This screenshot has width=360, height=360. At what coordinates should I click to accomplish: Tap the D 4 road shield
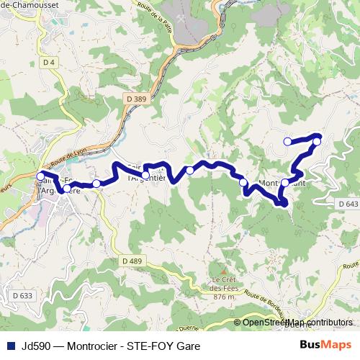click(49, 63)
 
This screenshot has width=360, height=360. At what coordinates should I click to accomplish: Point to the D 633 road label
click(22, 295)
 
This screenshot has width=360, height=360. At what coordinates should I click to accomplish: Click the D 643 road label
click(347, 204)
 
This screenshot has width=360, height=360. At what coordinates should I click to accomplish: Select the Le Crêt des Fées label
click(224, 284)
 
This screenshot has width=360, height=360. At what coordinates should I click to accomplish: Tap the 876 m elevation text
click(224, 297)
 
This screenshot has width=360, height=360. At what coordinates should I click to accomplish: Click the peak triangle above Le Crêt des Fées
click(223, 272)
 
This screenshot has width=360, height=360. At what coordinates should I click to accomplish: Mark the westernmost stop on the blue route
click(40, 176)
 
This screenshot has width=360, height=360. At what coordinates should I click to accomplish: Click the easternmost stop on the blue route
click(317, 142)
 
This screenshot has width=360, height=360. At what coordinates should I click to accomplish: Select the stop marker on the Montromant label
click(285, 183)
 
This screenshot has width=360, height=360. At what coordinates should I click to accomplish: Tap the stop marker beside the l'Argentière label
click(145, 174)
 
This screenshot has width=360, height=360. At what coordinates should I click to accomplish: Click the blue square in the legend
click(9, 345)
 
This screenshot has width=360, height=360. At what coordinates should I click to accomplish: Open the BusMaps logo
click(325, 345)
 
